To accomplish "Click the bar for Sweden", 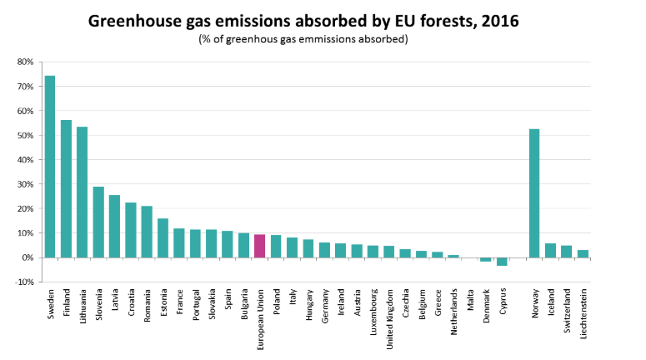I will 50,167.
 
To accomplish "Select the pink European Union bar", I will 260,246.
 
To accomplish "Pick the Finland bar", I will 66,188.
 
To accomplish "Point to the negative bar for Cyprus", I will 502,262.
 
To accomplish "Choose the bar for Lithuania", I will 83,192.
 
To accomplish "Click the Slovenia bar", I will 98,222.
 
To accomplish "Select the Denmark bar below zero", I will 486,260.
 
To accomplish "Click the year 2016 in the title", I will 498,22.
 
